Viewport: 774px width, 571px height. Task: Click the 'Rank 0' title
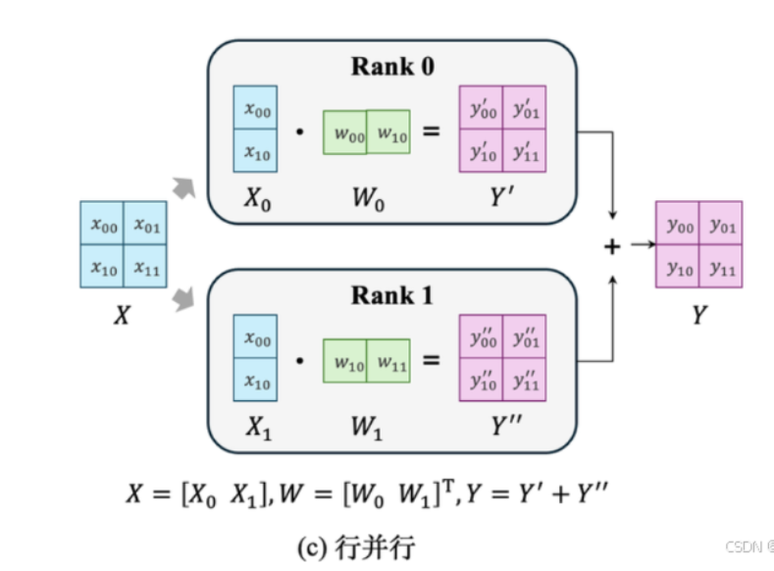pos(392,68)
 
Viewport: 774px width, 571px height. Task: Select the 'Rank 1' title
pos(392,294)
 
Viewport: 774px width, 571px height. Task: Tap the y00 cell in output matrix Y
pos(677,227)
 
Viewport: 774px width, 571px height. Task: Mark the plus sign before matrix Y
pos(612,246)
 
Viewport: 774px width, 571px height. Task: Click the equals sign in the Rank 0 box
pos(432,131)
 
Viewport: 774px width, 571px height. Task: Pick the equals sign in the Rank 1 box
pos(432,361)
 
